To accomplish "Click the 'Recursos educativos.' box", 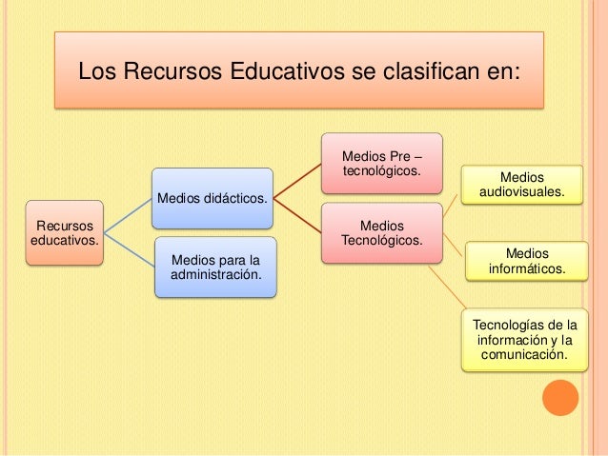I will pyautogui.click(x=64, y=233).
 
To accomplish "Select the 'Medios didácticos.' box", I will pyautogui.click(x=213, y=198).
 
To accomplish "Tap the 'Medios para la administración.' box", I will pyautogui.click(x=215, y=267).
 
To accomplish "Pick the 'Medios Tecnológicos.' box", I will pyautogui.click(x=380, y=233).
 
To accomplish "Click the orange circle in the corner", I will pyautogui.click(x=559, y=398).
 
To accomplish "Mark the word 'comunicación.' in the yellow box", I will pyautogui.click(x=525, y=356).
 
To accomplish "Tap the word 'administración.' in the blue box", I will pyautogui.click(x=215, y=274).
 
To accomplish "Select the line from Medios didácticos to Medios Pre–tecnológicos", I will pyautogui.click(x=296, y=181).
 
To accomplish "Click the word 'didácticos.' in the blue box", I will pyautogui.click(x=232, y=198).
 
